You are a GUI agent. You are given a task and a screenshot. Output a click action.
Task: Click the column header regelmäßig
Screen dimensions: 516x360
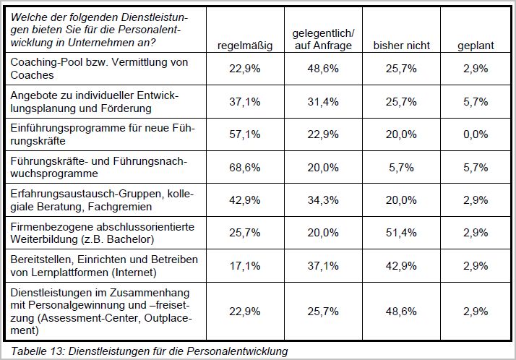point(245,46)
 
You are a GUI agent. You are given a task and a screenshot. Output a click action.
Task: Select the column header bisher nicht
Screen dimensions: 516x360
point(402,46)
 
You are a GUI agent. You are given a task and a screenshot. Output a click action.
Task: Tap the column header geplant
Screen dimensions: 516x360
point(476,46)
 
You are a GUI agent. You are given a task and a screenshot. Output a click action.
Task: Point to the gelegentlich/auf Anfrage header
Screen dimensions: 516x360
point(323,39)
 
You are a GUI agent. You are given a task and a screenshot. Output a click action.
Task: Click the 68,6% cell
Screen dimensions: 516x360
point(245,168)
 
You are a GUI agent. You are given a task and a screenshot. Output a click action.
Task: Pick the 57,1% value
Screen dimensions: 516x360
point(245,134)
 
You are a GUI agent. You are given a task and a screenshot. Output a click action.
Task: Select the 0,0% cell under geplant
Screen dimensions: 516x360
point(476,134)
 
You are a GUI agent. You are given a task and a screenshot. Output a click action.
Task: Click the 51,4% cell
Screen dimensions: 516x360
point(401,233)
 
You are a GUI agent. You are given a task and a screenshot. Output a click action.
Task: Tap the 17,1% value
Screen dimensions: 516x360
point(245,265)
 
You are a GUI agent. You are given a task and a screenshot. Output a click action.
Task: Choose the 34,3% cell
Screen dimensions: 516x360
point(323,200)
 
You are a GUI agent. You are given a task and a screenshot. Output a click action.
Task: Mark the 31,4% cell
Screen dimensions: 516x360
point(323,102)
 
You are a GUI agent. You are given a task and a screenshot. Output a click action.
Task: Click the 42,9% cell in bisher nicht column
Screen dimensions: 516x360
point(401,265)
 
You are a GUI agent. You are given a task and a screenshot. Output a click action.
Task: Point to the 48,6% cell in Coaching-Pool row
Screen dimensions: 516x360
point(323,69)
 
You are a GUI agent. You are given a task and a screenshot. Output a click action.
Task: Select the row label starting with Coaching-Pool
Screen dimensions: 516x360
point(99,69)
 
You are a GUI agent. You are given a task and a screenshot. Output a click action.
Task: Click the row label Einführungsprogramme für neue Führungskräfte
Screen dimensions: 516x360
point(103,134)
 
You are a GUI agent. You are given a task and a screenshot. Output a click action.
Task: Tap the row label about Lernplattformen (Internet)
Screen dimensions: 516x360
point(104,266)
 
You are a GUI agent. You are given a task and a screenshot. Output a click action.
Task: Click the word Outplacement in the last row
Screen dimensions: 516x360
point(101,324)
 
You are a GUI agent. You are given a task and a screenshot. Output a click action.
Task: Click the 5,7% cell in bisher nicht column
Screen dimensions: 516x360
point(401,168)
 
